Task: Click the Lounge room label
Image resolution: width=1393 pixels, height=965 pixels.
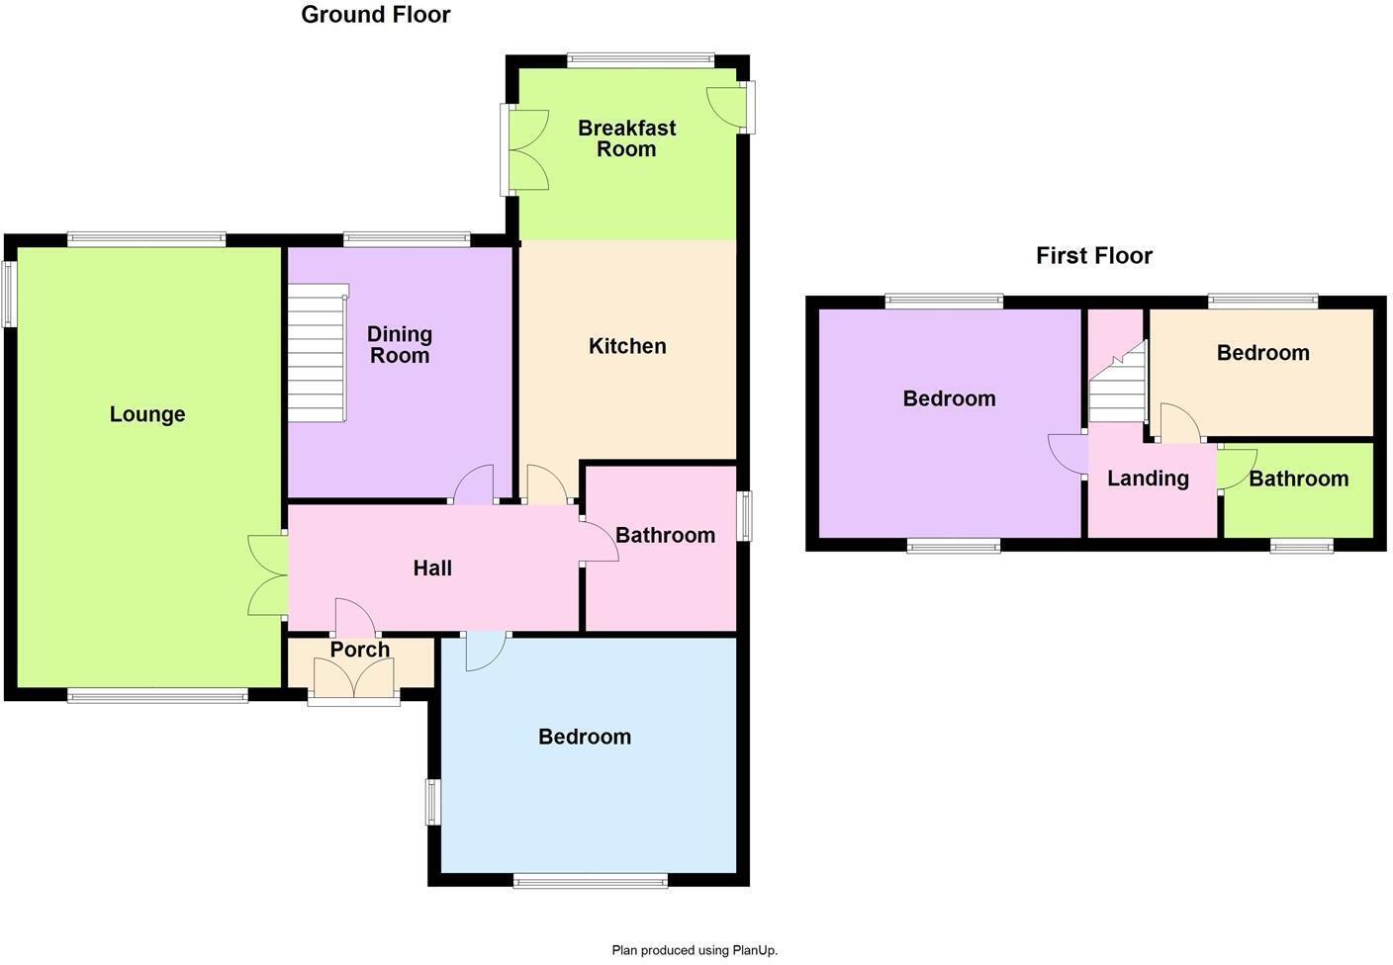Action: (x=147, y=414)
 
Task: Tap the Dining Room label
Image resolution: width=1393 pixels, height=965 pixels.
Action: (x=400, y=345)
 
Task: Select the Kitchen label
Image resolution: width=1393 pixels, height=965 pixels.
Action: (x=627, y=346)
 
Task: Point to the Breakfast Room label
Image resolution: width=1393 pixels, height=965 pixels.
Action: (x=626, y=138)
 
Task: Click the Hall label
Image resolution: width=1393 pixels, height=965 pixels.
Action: (x=432, y=568)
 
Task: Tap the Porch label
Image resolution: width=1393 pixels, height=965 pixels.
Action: (x=359, y=650)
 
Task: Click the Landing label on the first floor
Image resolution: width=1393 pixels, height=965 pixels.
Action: (x=1148, y=479)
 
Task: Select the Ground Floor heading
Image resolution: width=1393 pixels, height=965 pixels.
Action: (x=376, y=15)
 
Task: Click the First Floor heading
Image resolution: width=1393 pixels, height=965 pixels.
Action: (x=1094, y=256)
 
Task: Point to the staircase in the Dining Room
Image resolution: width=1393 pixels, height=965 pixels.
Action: (x=318, y=353)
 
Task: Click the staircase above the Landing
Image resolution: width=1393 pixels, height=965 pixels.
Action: (x=1118, y=386)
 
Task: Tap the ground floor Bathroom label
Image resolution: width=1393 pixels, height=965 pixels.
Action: (x=665, y=535)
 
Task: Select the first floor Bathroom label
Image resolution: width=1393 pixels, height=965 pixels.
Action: (x=1298, y=479)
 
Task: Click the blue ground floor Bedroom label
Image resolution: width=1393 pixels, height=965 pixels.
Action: (x=585, y=737)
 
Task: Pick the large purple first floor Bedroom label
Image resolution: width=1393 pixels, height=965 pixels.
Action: (x=949, y=398)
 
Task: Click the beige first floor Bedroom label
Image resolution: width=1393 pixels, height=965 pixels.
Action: (x=1262, y=353)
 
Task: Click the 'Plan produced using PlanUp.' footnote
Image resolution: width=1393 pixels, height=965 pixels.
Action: (x=695, y=950)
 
